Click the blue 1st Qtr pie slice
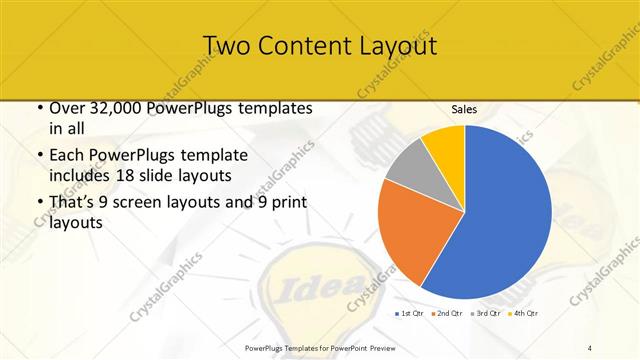pyautogui.click(x=500, y=215)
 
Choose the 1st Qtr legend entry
pyautogui.click(x=410, y=314)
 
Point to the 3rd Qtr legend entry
pyautogui.click(x=487, y=314)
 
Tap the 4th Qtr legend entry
pyautogui.click(x=525, y=314)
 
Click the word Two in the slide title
pyautogui.click(x=227, y=46)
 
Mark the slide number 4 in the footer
pyautogui.click(x=590, y=346)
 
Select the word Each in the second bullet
pyautogui.click(x=68, y=155)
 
